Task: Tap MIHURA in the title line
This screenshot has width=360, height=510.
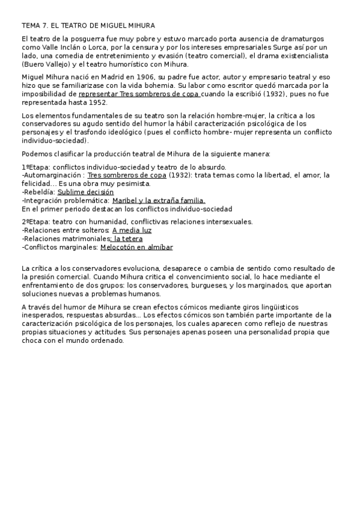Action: (x=139, y=25)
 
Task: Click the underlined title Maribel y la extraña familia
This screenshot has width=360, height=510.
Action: (x=159, y=201)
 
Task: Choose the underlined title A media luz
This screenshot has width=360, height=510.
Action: (x=132, y=230)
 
